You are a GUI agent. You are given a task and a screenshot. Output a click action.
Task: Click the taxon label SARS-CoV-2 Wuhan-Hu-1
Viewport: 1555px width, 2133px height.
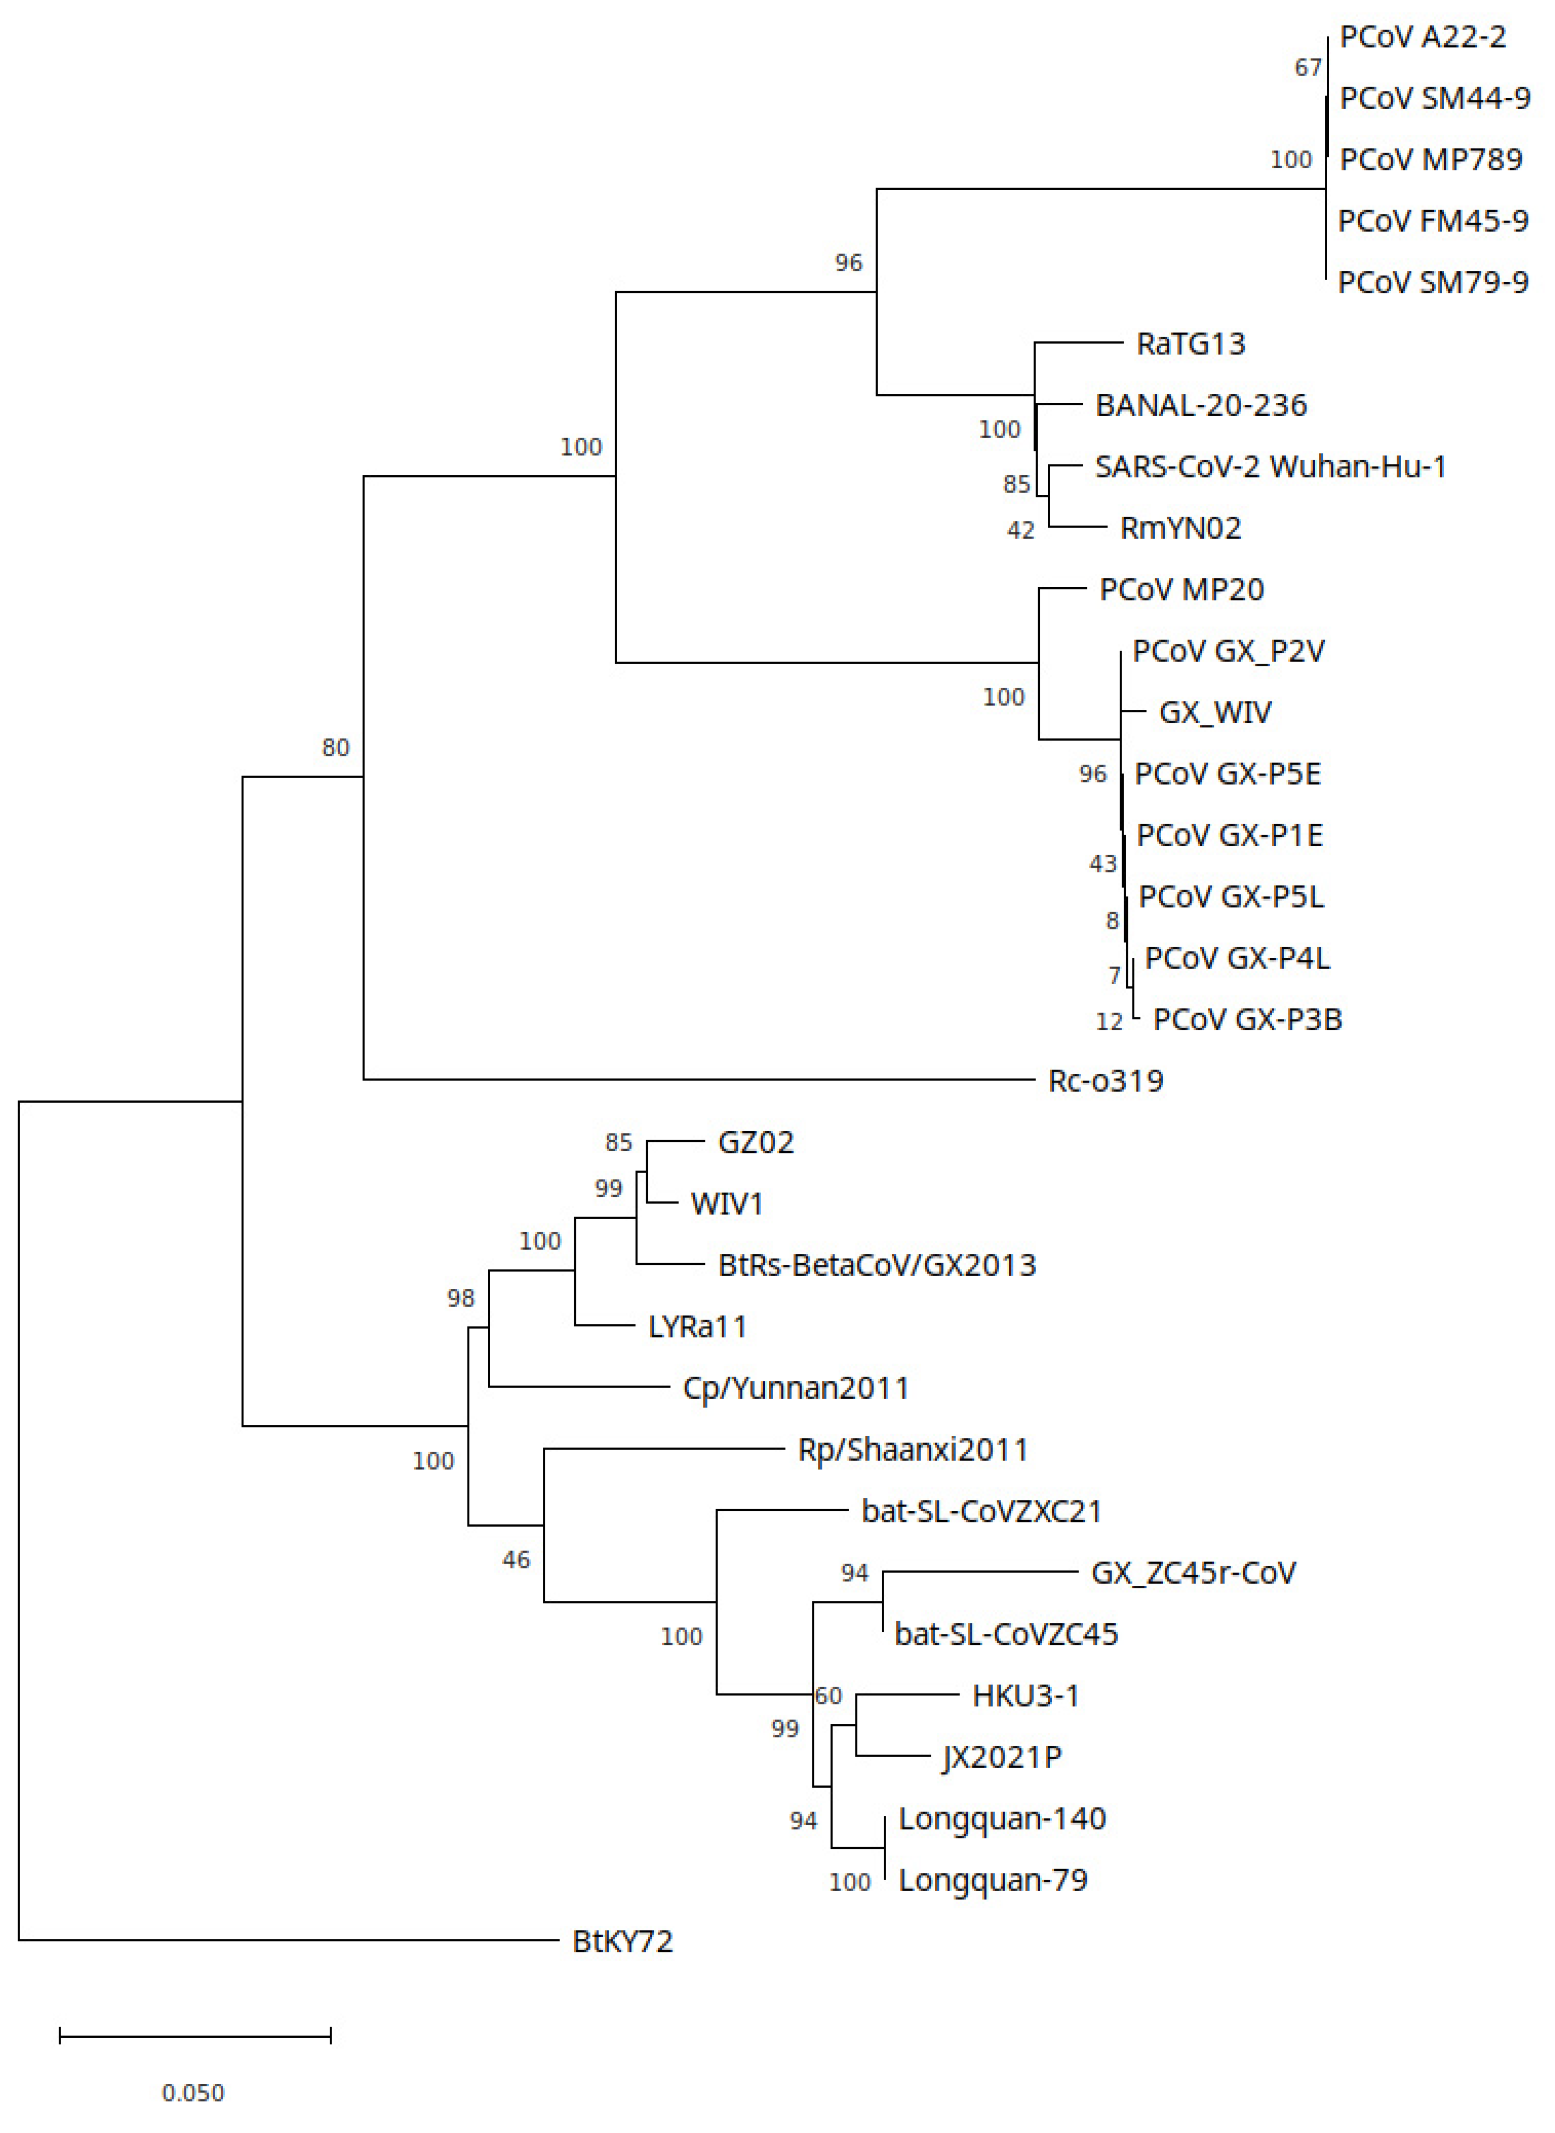[x=1270, y=466]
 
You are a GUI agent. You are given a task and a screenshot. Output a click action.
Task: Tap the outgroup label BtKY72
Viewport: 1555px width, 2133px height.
[x=622, y=1941]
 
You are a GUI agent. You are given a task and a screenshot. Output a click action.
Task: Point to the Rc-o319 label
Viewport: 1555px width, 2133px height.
[x=1105, y=1081]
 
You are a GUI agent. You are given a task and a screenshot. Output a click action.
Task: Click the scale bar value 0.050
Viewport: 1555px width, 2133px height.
[x=193, y=2093]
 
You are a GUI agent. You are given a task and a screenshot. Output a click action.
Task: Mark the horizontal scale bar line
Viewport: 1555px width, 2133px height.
[x=195, y=2036]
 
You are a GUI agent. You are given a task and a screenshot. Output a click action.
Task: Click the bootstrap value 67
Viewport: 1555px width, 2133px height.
[x=1307, y=68]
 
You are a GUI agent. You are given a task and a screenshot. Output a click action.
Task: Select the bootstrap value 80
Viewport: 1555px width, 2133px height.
[x=335, y=748]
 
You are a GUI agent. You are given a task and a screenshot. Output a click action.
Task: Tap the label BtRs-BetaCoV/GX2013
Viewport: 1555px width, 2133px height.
[x=876, y=1265]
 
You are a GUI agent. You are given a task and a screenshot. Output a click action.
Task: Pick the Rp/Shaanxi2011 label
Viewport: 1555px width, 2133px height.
[x=912, y=1450]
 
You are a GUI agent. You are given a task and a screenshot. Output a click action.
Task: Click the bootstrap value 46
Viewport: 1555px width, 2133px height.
[x=516, y=1560]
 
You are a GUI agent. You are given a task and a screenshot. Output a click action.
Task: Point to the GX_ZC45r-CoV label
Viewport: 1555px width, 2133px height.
[x=1193, y=1573]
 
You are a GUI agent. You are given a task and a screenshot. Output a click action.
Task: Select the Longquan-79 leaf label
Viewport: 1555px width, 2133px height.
[x=992, y=1880]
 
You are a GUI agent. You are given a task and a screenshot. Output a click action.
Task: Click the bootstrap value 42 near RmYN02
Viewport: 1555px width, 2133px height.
[x=1020, y=531]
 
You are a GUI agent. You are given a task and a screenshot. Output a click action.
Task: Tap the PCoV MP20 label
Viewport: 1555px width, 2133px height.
[x=1181, y=590]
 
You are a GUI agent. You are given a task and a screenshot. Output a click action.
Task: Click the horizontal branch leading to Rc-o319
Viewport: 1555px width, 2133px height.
[x=696, y=1079]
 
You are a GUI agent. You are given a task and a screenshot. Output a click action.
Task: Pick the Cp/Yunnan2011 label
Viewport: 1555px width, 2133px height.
[x=795, y=1389]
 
